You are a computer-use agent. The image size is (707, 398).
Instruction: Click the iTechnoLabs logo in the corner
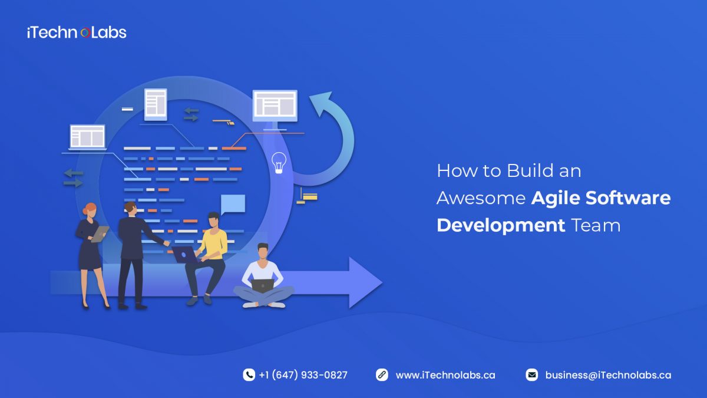77,32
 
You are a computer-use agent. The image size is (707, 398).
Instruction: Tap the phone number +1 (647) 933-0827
303,375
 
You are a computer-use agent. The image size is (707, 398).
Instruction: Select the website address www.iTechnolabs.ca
445,375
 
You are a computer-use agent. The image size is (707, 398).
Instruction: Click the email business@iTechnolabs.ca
608,375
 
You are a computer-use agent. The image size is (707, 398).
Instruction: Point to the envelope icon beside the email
532,375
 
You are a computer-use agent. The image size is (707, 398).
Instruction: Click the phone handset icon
249,375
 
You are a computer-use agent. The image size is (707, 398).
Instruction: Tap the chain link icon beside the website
382,375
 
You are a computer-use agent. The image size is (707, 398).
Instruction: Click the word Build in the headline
528,171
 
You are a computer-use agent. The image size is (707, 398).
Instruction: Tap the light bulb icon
279,162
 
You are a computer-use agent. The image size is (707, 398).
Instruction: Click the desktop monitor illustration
275,106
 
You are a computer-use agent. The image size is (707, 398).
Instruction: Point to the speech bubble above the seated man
233,204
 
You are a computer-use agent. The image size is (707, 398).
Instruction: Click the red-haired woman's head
90,210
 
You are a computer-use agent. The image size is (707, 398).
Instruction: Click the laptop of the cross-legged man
262,285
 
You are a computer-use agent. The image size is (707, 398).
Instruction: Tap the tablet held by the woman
100,233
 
